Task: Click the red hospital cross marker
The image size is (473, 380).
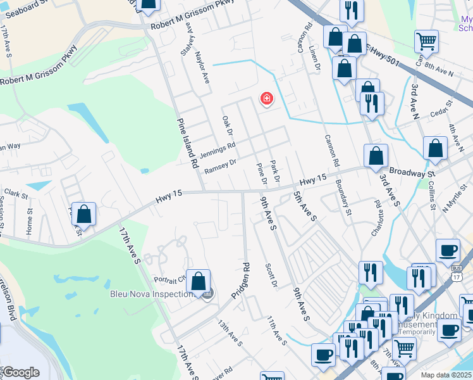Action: [267, 99]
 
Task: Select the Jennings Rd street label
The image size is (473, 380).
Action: [217, 150]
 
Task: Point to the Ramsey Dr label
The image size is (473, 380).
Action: [220, 166]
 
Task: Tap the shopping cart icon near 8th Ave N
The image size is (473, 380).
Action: [427, 42]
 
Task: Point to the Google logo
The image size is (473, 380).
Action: [20, 372]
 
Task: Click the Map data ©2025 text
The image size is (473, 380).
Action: [446, 375]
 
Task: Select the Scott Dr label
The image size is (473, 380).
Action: [271, 275]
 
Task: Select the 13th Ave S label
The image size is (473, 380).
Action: [230, 334]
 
